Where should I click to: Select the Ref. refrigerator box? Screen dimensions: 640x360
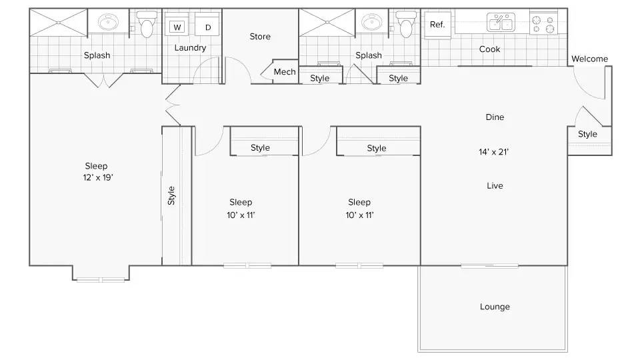(437, 25)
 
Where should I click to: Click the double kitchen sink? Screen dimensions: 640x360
(501, 22)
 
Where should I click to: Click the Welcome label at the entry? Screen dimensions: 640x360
(589, 59)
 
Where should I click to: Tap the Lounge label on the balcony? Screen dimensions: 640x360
(495, 307)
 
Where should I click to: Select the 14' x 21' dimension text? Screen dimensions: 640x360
(493, 152)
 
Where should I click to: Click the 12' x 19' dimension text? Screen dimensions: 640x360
(98, 177)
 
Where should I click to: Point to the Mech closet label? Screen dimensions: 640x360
(285, 72)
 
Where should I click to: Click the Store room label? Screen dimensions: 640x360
(260, 36)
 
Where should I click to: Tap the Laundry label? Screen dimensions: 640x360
(190, 48)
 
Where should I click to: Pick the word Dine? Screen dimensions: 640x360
(495, 117)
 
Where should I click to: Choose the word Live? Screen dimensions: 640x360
(495, 186)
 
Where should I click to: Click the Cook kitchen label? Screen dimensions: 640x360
(489, 49)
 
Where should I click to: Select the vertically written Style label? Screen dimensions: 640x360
(171, 195)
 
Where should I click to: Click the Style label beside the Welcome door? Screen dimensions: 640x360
(587, 134)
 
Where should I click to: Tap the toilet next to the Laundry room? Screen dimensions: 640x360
(146, 24)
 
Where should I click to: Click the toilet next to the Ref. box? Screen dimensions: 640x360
(406, 24)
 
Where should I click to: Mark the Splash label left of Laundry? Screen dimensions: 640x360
(97, 55)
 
